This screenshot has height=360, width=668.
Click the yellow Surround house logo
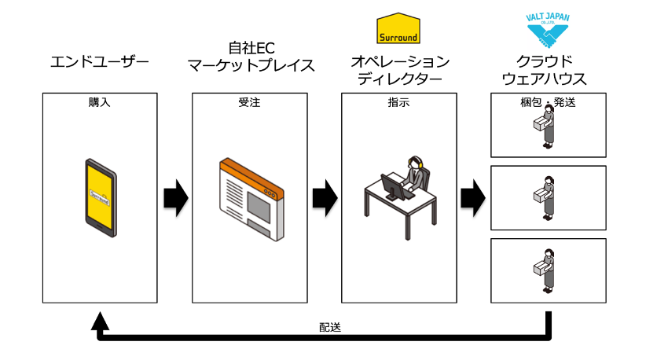tap(398, 28)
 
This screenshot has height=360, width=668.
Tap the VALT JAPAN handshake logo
tap(548, 30)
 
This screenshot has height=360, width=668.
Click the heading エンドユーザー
tap(100, 62)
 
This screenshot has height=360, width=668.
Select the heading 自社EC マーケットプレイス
tap(251, 57)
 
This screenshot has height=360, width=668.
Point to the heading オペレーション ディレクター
tap(400, 70)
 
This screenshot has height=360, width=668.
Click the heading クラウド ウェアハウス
tap(545, 70)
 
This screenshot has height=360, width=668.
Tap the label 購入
tap(99, 102)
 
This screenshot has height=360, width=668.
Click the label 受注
tap(249, 102)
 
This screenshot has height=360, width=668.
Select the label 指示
tap(398, 102)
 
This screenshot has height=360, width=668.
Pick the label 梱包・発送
tap(548, 102)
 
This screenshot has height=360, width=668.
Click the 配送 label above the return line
tap(330, 327)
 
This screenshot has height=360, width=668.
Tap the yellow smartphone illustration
tap(101, 197)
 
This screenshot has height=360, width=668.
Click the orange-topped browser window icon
tap(251, 200)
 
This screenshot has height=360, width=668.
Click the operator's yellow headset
tap(414, 162)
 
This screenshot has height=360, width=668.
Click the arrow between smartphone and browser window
tap(176, 198)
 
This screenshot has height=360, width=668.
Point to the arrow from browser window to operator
tap(325, 198)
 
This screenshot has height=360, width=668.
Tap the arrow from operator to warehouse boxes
tap(473, 198)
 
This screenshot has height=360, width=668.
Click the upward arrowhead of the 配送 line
tap(100, 321)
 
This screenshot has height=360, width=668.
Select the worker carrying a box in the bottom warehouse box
tap(545, 271)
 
